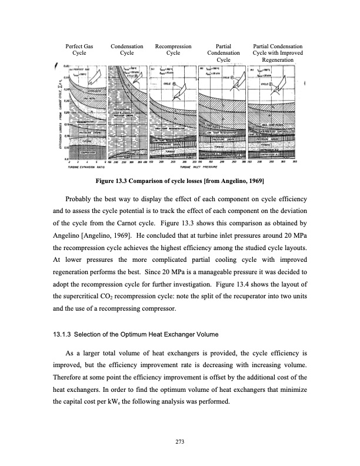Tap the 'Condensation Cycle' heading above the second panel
tap(126, 49)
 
